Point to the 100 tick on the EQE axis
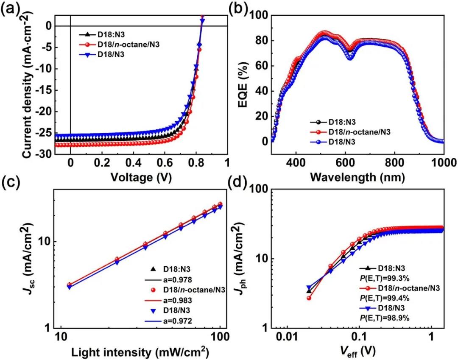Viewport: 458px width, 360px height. (259, 16)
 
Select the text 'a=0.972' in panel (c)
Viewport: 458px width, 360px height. (178, 321)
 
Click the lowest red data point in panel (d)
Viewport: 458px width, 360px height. (309, 298)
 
